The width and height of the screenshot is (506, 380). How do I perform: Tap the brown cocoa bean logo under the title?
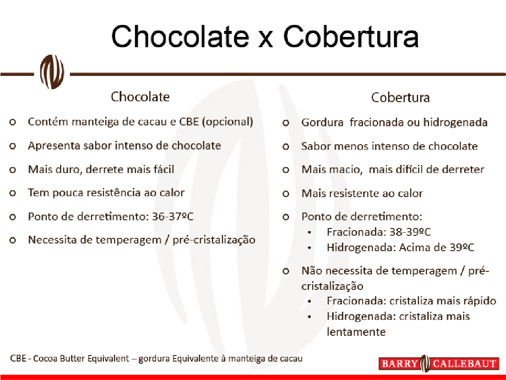pos(52,72)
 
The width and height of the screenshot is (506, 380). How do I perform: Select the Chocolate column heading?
pos(140,97)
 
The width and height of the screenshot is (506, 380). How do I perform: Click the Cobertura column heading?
pos(400,97)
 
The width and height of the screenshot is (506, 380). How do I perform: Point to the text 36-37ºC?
pos(173,216)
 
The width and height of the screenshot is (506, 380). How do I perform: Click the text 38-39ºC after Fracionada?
pos(410,232)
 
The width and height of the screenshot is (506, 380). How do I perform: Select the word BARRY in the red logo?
pos(400,364)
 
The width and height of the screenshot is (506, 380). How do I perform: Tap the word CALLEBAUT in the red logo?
pos(464,364)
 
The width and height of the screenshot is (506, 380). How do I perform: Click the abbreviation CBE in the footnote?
pos(18,359)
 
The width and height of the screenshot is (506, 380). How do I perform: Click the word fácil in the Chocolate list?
pos(164,169)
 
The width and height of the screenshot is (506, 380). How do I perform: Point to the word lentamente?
pos(356,331)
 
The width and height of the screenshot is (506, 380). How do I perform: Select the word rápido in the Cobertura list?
pos(479,301)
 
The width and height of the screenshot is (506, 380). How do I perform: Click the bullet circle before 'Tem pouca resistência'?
pos(12,193)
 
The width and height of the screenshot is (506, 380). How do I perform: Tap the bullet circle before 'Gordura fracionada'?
pos(286,123)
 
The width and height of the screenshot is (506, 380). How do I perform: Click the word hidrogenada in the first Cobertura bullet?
pos(455,122)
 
